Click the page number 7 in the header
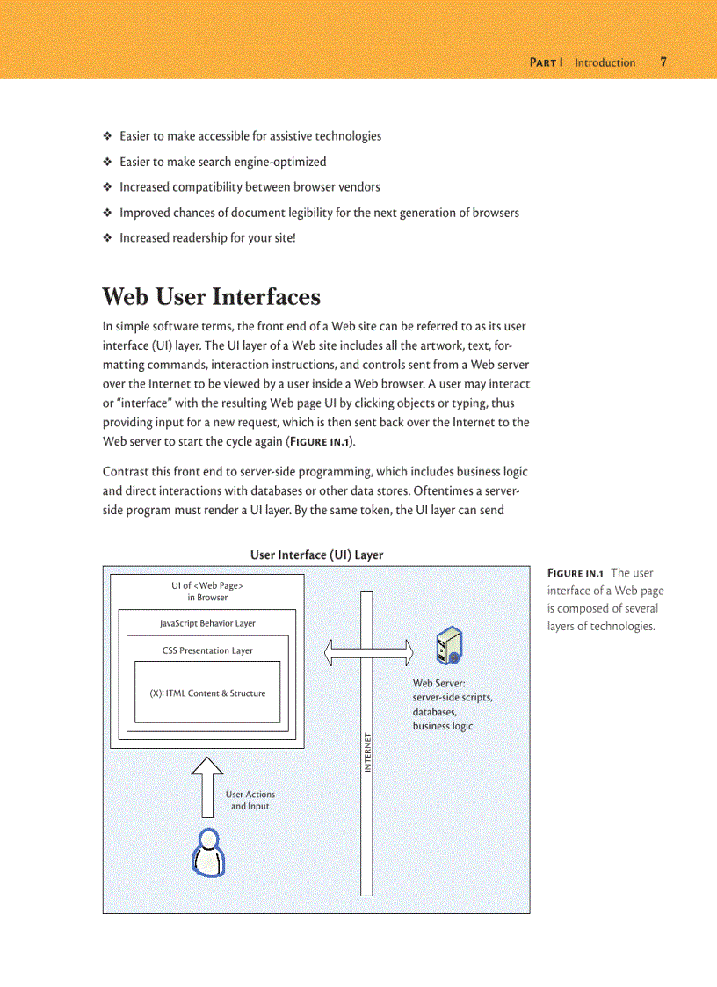pos(663,62)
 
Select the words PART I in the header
pos(546,62)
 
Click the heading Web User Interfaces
pos(211,296)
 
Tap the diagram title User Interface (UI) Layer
pos(316,555)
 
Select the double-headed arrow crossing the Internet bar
pos(368,652)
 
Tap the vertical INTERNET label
pos(368,752)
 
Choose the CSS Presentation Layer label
pos(207,650)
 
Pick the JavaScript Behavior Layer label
pos(207,623)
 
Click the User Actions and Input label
pos(250,800)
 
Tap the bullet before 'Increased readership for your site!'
pos(107,238)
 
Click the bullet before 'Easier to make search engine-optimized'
pos(107,162)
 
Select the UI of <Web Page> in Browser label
pos(207,591)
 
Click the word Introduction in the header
pos(605,62)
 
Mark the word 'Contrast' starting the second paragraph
pos(125,472)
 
